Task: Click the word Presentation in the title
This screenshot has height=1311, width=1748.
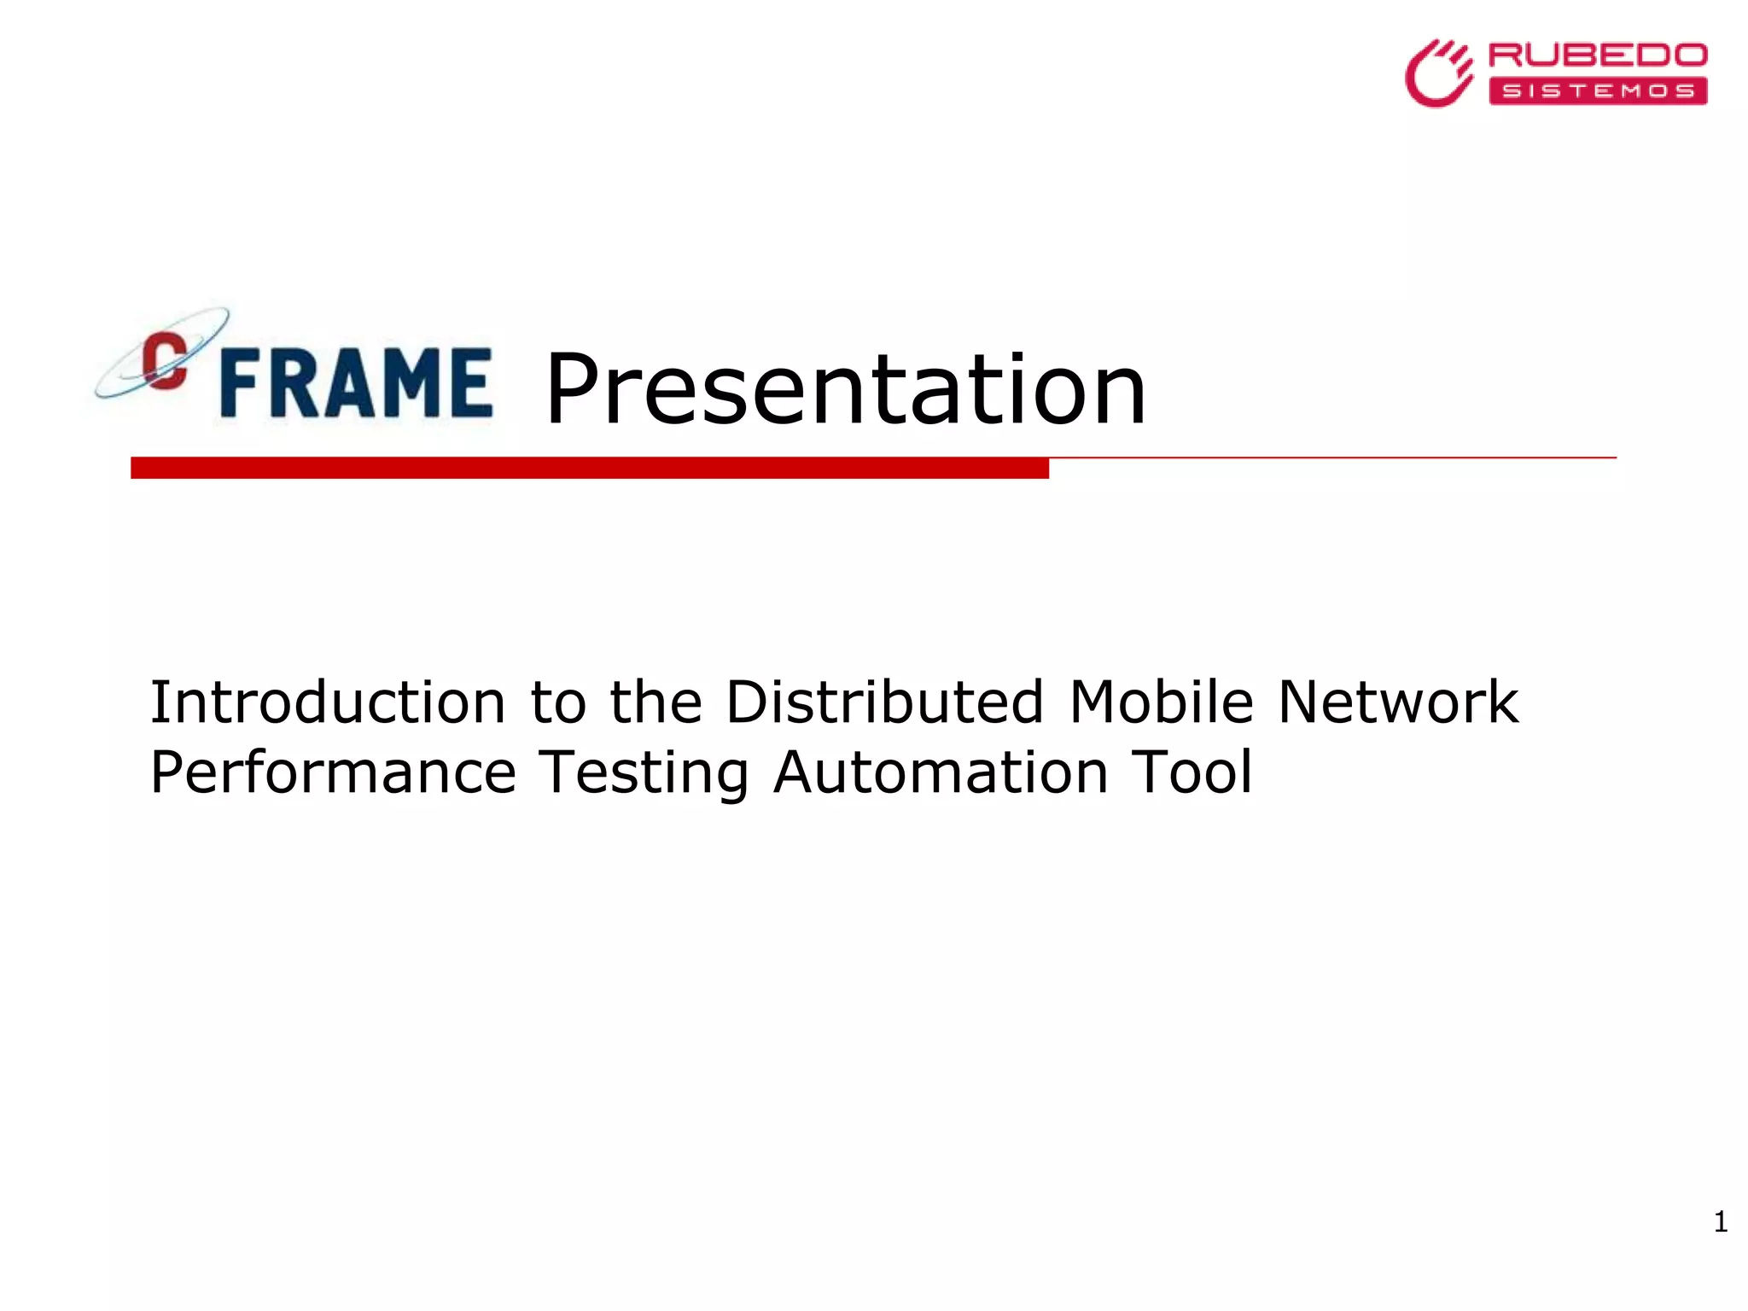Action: click(845, 390)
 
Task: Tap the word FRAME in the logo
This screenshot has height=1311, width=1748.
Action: click(356, 383)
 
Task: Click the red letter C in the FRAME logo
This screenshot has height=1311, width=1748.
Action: click(165, 360)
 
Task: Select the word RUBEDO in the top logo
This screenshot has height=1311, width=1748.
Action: click(1598, 56)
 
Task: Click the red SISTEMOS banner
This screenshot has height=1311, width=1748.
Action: click(1598, 91)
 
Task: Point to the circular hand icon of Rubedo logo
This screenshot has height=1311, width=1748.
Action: click(1439, 74)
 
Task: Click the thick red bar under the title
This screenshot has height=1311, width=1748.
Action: click(589, 468)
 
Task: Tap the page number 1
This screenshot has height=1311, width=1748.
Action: click(1721, 1222)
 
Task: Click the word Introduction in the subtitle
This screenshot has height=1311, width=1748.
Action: click(328, 702)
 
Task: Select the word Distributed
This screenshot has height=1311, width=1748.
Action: click(884, 702)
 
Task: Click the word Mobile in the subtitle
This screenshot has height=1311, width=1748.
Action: click(1162, 702)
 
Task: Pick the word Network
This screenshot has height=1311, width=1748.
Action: click(1398, 702)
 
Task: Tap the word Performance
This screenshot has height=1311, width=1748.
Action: click(333, 773)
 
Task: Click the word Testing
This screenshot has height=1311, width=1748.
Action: click(644, 773)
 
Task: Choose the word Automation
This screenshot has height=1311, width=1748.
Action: click(941, 773)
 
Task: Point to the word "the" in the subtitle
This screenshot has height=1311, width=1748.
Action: click(655, 702)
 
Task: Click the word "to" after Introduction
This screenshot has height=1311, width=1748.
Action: click(558, 702)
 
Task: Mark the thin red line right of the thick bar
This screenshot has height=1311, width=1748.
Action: click(1331, 458)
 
